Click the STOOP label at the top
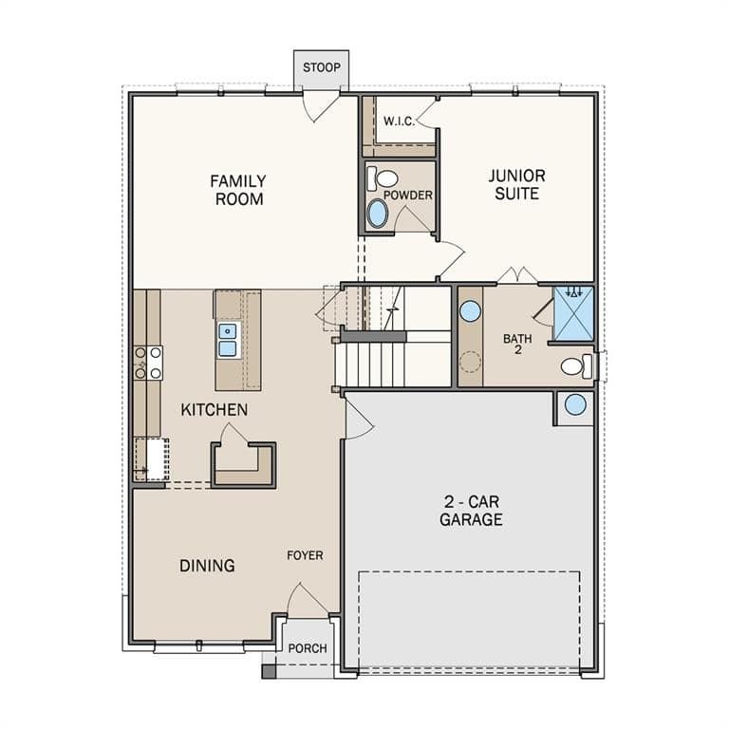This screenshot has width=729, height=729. point(321,67)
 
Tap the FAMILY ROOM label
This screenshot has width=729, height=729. point(238,190)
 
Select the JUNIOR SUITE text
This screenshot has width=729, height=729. point(516,184)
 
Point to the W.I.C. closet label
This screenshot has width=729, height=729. point(399,121)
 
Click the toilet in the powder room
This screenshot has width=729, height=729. point(383,179)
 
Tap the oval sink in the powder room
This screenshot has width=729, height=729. point(377,214)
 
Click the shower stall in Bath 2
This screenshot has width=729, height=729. point(573,313)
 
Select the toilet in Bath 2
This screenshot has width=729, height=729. point(576,366)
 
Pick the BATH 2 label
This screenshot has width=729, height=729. point(517,344)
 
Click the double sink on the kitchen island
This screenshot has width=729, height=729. point(228,341)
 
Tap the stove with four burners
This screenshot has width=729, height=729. point(148,364)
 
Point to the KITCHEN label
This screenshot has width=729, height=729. point(214,410)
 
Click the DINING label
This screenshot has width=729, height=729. point(207,566)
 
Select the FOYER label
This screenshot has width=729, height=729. point(305,555)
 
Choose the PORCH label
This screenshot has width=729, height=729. point(308,648)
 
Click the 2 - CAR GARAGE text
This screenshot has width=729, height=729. point(471,511)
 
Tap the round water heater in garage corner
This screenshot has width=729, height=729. point(575,404)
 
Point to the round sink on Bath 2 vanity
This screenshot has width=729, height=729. point(470,311)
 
